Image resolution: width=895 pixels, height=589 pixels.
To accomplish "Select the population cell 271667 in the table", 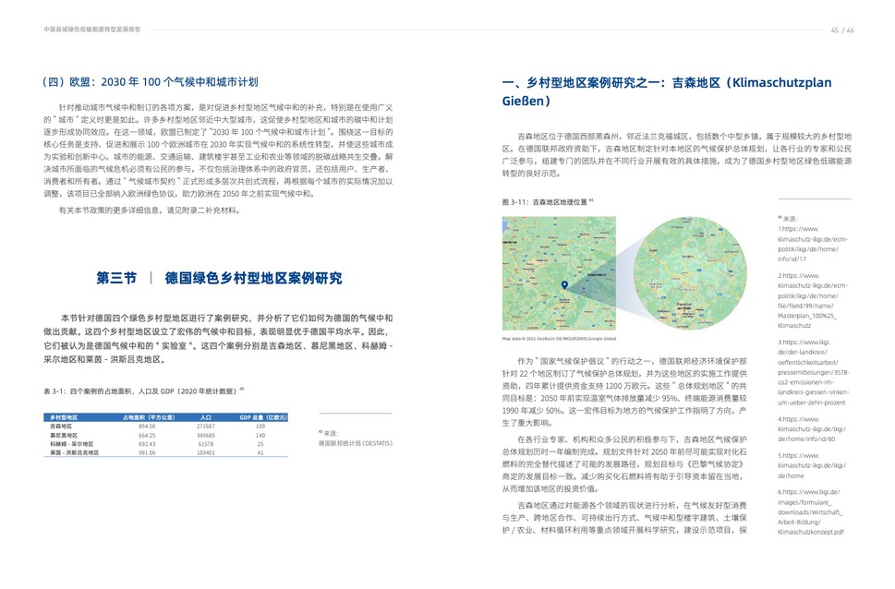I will [206, 427].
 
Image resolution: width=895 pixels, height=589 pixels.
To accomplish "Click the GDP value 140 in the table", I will [260, 436].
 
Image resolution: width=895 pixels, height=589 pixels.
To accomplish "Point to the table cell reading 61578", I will [206, 444].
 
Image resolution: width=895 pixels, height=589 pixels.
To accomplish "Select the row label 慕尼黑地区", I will [64, 436].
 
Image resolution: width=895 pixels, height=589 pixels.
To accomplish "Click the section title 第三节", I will [116, 278].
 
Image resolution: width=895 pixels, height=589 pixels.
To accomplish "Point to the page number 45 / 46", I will [841, 30].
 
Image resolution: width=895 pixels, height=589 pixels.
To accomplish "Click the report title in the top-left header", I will [92, 30].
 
